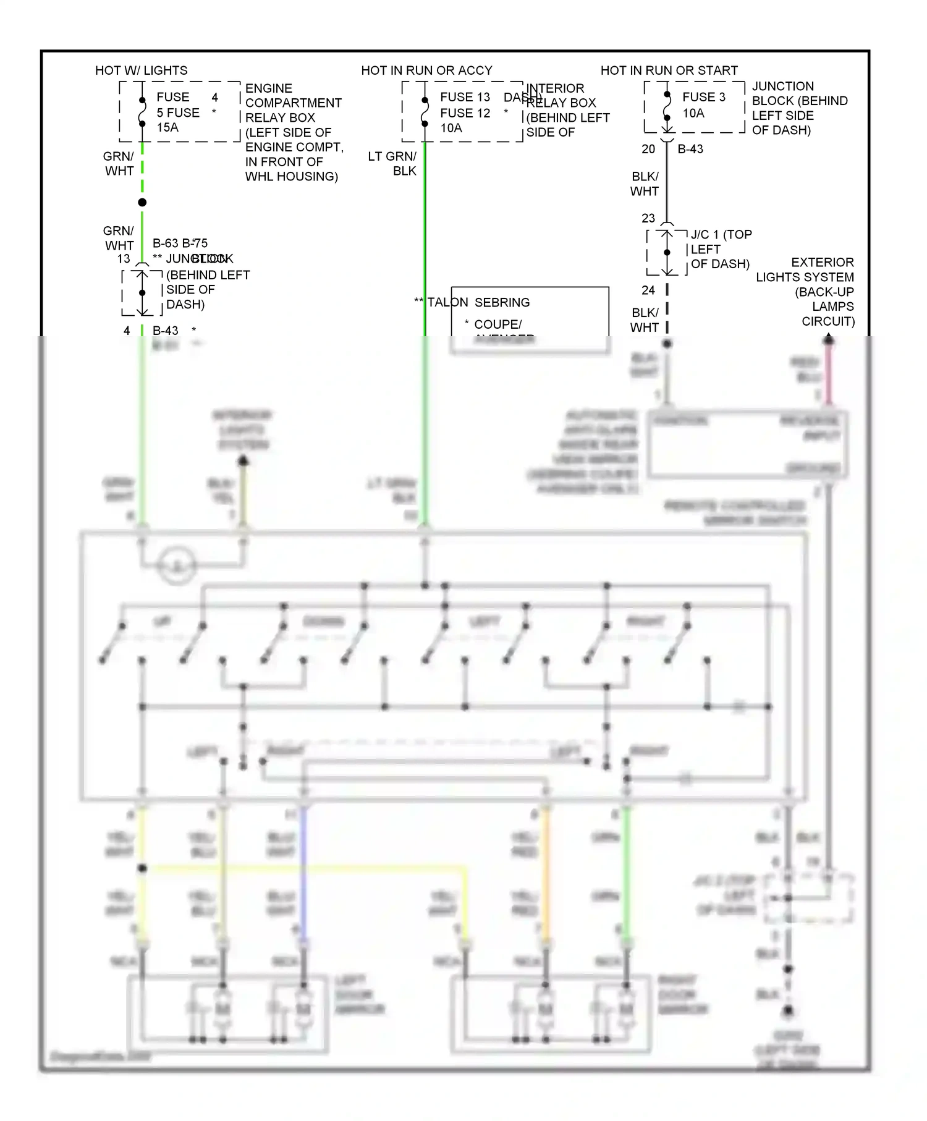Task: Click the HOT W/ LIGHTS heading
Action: [141, 70]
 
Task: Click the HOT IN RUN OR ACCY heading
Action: [426, 70]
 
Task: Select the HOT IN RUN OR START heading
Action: [669, 70]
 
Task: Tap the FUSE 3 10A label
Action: [703, 105]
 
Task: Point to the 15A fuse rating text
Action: [167, 127]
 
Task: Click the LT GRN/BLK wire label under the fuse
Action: [392, 164]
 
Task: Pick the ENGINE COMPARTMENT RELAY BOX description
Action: [293, 132]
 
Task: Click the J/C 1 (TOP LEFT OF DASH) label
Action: [720, 249]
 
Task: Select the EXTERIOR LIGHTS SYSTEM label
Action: [805, 292]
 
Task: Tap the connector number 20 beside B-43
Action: [648, 149]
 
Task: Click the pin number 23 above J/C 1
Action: [648, 218]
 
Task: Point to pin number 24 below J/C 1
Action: [648, 290]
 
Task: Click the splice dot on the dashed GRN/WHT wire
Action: [142, 203]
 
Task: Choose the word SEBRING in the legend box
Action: [502, 302]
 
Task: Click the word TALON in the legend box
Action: [448, 302]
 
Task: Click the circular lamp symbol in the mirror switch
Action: [177, 565]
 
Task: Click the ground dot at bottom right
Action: [788, 1012]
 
